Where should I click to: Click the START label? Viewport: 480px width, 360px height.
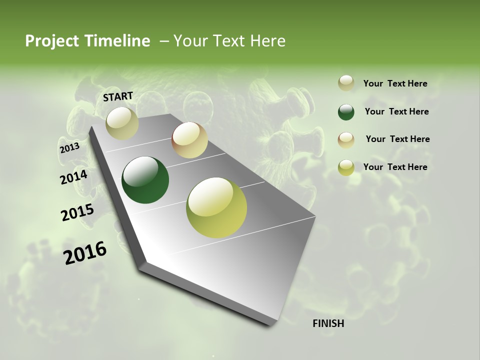pyautogui.click(x=118, y=96)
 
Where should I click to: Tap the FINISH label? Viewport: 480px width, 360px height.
pyautogui.click(x=328, y=323)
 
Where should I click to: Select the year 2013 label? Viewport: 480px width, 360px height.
pyautogui.click(x=69, y=148)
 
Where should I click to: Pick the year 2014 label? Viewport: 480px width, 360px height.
pyautogui.click(x=73, y=177)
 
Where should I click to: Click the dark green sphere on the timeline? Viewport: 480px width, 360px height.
pyautogui.click(x=145, y=180)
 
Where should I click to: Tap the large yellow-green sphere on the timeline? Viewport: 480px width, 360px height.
pyautogui.click(x=216, y=207)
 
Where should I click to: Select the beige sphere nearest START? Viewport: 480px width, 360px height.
pyautogui.click(x=122, y=123)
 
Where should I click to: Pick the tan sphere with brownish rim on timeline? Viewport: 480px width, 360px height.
pyautogui.click(x=189, y=140)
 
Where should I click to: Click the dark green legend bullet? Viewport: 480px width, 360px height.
pyautogui.click(x=346, y=112)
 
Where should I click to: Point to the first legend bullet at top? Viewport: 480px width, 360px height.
pyautogui.click(x=346, y=83)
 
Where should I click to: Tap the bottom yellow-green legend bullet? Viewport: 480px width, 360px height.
pyautogui.click(x=346, y=167)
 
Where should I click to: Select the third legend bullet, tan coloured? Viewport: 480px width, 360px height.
pyautogui.click(x=346, y=139)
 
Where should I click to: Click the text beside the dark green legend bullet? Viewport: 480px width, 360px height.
pyautogui.click(x=396, y=111)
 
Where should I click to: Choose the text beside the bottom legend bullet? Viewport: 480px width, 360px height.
pyautogui.click(x=395, y=167)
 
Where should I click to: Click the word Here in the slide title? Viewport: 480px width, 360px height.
pyautogui.click(x=267, y=41)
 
